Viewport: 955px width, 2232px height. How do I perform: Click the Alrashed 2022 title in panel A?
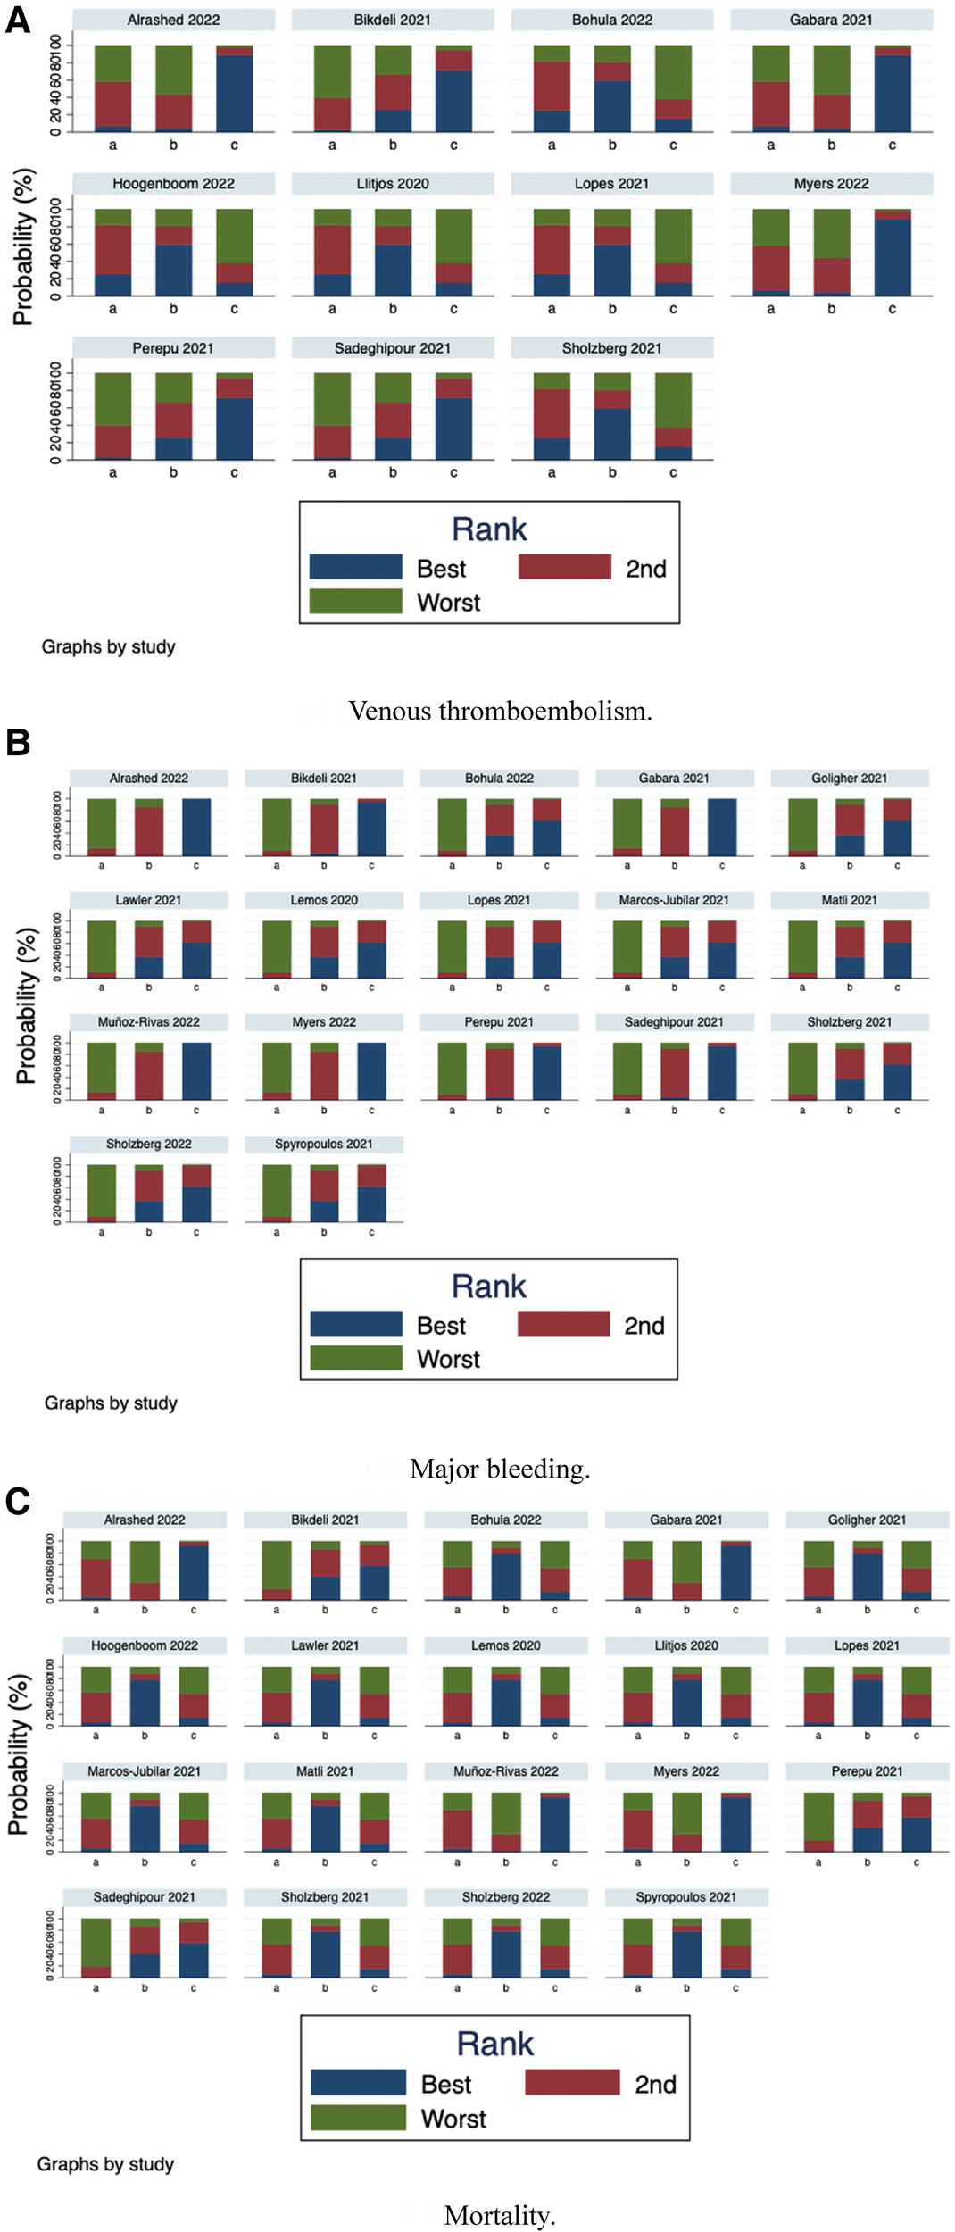173,20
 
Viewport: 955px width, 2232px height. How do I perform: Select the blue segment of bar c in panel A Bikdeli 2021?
453,101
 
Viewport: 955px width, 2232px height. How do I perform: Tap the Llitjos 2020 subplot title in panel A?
393,184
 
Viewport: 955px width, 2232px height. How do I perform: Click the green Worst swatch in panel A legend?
355,601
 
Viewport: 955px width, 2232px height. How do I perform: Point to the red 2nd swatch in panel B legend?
563,1323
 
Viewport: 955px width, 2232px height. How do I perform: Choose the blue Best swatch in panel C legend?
358,2082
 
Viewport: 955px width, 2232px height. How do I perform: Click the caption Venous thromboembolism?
500,711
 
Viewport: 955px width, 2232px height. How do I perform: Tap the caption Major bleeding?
500,1469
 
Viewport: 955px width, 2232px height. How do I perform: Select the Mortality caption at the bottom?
500,2215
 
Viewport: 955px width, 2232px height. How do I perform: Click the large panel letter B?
18,743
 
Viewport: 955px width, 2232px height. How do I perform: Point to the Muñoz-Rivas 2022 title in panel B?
149,1022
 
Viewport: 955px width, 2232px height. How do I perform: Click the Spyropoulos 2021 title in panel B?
324,1144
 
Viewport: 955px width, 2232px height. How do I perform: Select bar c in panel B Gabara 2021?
721,828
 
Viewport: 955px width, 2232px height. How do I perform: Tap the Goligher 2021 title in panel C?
867,1520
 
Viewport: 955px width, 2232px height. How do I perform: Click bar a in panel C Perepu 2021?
818,1821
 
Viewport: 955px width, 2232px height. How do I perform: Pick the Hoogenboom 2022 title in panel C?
145,1645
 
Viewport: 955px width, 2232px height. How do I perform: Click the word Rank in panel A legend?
489,529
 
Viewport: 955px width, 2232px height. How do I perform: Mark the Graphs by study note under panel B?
111,1403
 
